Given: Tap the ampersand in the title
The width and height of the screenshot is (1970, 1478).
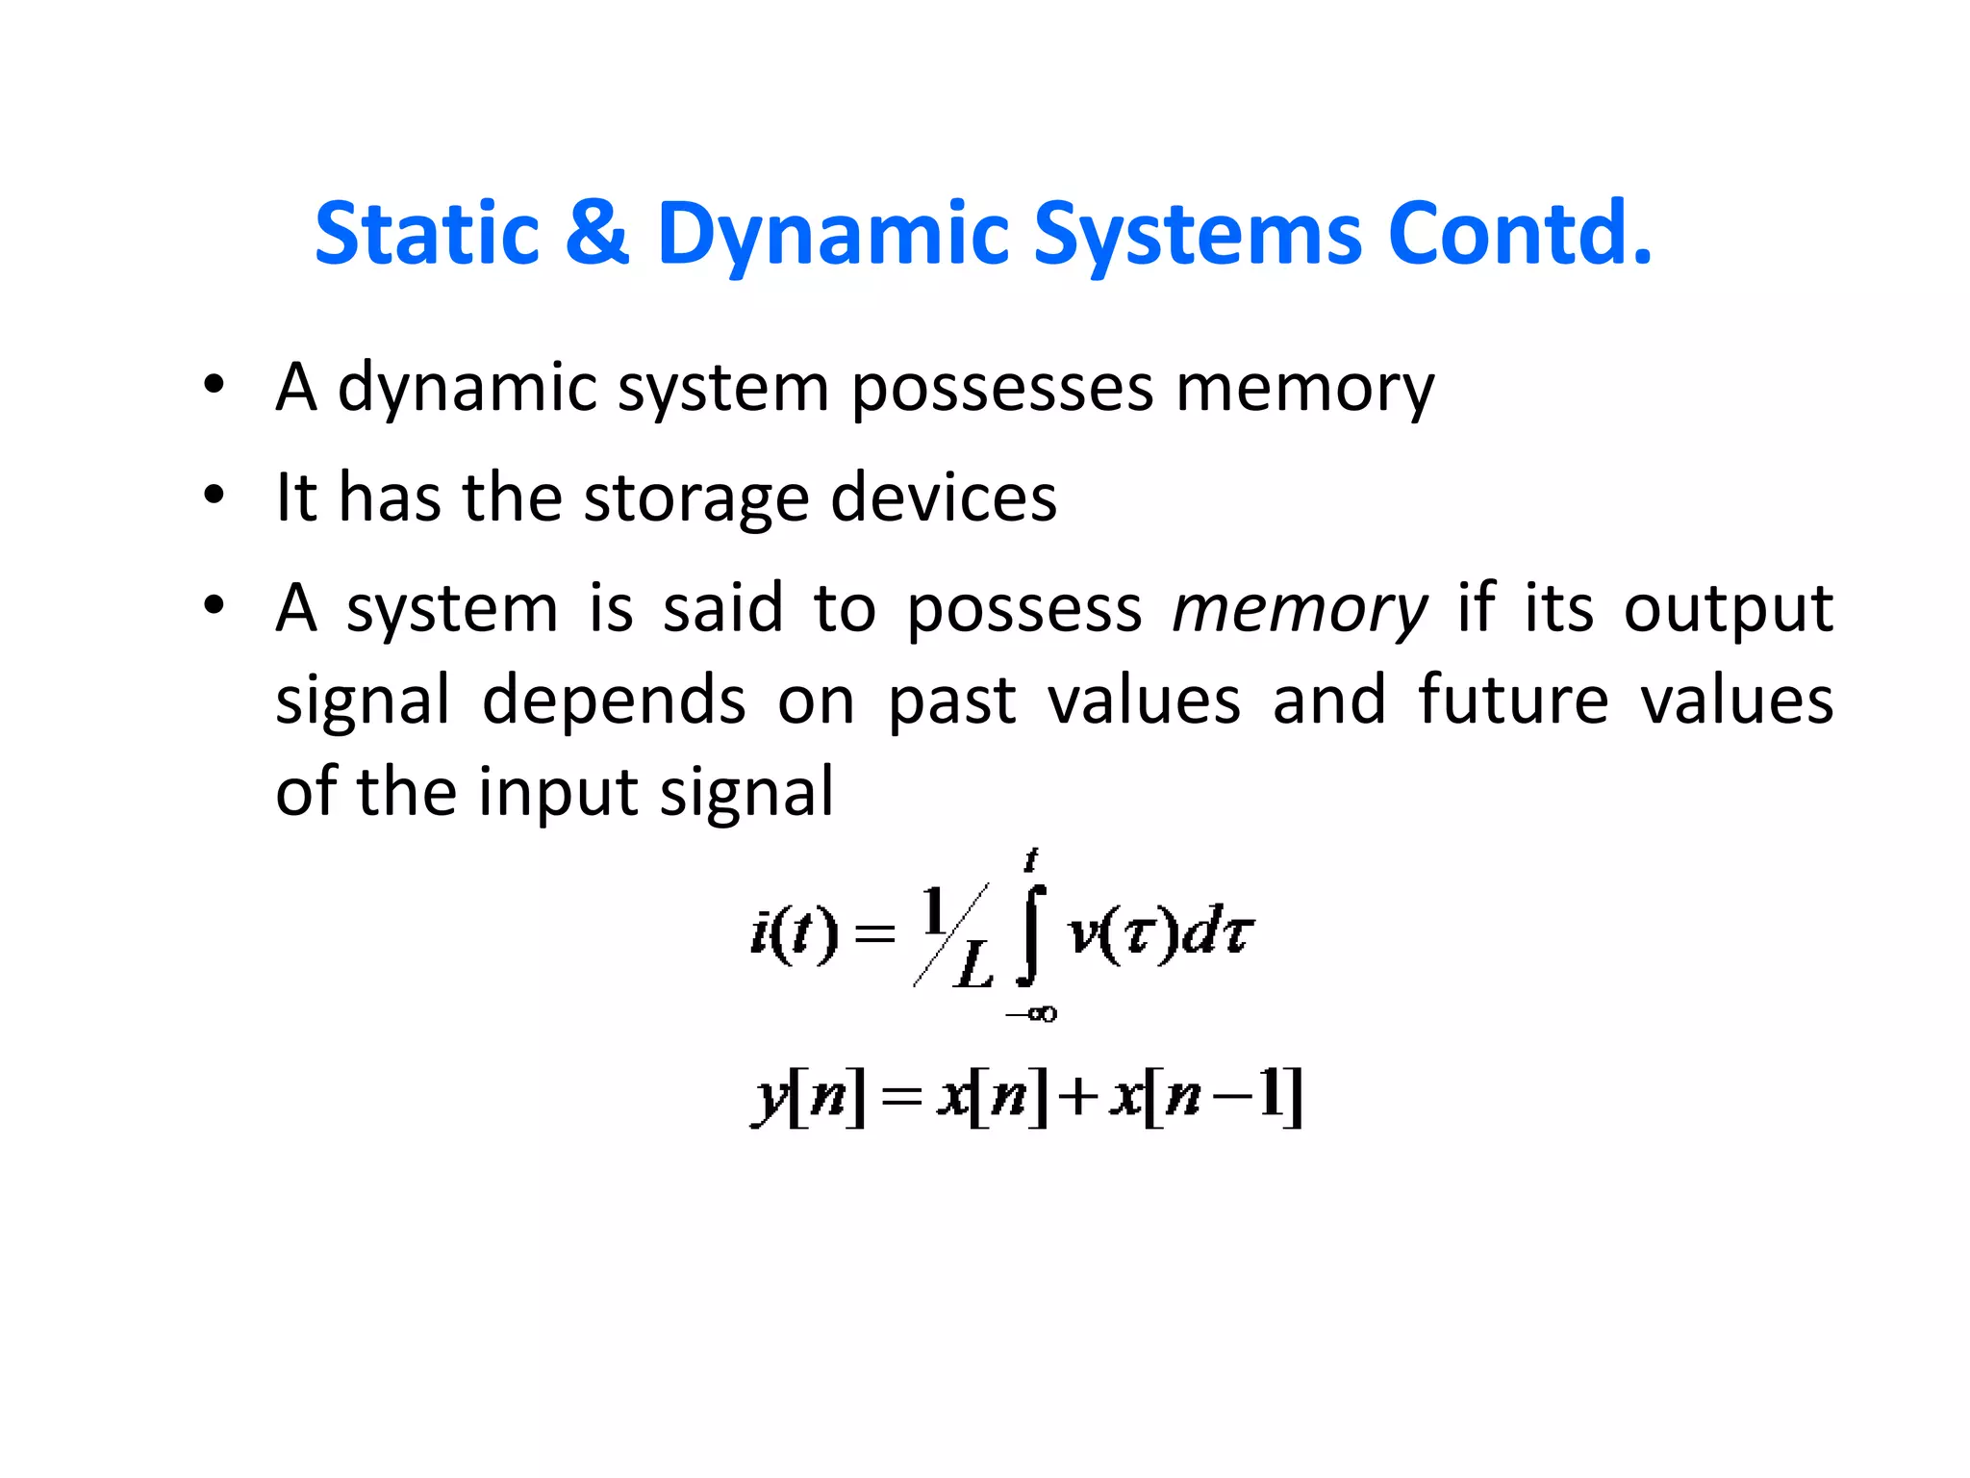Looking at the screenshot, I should tap(597, 233).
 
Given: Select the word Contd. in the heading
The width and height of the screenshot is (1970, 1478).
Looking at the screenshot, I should tap(1520, 233).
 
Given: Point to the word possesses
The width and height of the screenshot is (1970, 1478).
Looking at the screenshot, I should tap(1002, 389).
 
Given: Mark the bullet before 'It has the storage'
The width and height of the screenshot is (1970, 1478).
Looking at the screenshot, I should tap(214, 497).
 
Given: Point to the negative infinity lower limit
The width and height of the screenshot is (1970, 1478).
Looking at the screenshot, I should tap(1031, 1013).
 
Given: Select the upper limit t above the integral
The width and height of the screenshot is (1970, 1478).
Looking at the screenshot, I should tap(1032, 858).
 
